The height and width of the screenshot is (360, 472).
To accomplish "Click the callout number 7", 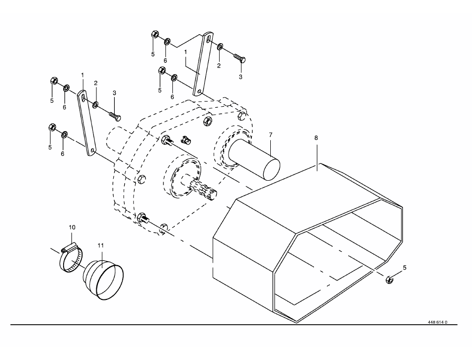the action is point(270,135).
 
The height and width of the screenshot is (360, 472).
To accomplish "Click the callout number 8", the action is point(316,138).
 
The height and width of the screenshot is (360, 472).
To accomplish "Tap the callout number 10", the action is point(72,227).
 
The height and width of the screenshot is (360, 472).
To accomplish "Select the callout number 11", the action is point(100,245).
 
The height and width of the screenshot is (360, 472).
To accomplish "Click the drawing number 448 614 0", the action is point(437,322).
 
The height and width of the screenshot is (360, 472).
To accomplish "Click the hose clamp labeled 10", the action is point(71,259).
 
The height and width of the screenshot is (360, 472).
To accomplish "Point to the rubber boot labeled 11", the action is point(103,280).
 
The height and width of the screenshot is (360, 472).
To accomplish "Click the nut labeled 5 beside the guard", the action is point(390,280).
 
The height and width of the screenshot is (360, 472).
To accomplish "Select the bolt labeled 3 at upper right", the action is point(239,58).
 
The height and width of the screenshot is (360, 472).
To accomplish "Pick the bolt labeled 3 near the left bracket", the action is point(115,116).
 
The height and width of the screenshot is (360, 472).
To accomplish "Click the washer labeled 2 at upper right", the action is point(220,46).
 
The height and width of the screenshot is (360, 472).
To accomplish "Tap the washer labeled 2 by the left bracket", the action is point(95,105).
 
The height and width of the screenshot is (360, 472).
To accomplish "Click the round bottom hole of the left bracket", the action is point(93,150).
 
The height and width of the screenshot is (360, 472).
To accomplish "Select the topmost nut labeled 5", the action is point(155,34).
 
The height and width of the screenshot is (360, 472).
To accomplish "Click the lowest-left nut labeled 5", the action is point(52,127).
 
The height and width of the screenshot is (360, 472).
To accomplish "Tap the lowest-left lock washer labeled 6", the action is point(64,135).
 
